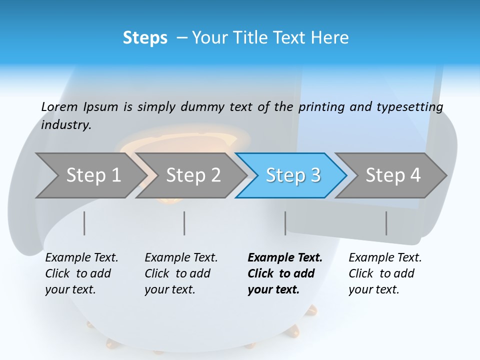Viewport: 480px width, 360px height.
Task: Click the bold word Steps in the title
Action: (x=145, y=38)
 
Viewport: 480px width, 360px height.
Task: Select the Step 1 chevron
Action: (x=90, y=175)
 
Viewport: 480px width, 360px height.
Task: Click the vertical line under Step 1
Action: (x=84, y=223)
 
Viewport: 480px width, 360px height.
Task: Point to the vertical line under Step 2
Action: (x=184, y=223)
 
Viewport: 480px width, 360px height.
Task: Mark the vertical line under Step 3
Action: (x=285, y=223)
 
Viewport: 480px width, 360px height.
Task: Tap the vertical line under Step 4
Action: (x=386, y=223)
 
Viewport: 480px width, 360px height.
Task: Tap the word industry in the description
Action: (x=66, y=125)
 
